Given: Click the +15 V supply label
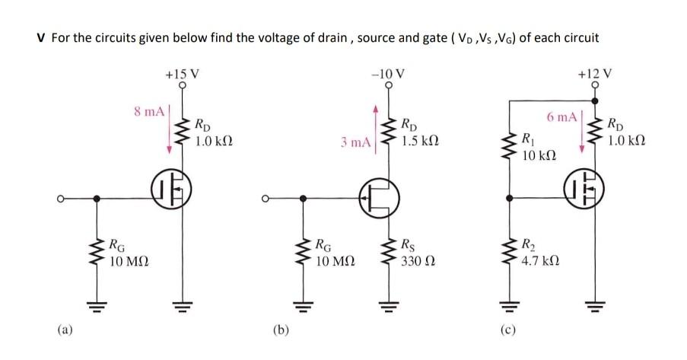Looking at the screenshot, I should (182, 75).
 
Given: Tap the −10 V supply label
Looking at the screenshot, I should (388, 75).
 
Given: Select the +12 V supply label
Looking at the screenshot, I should (593, 75).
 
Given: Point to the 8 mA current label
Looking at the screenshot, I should (149, 111).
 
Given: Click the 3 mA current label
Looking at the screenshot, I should (355, 142).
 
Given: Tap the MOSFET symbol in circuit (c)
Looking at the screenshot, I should (584, 191).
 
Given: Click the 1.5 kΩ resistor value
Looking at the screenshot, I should (418, 142).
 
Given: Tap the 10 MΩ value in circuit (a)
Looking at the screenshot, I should (129, 261).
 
